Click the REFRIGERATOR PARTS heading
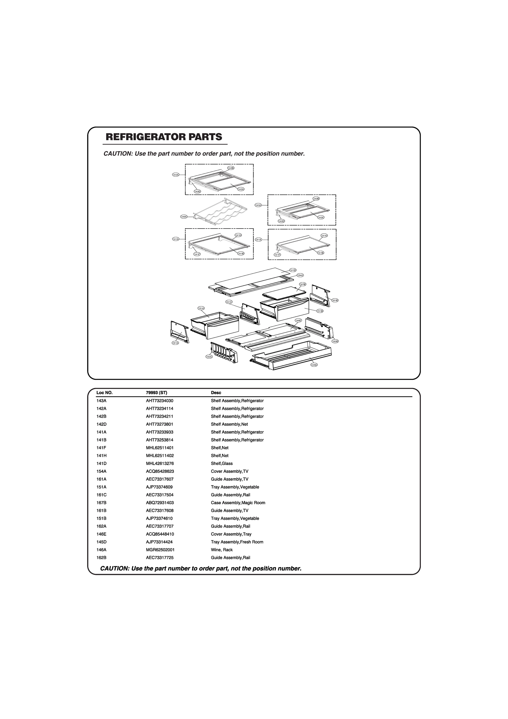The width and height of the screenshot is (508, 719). click(x=164, y=137)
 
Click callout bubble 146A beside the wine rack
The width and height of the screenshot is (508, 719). click(x=184, y=217)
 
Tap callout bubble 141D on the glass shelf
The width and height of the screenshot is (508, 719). click(x=293, y=270)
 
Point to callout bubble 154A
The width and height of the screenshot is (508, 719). click(x=300, y=275)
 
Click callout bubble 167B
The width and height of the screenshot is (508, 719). click(x=303, y=284)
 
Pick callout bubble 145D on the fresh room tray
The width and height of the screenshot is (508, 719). click(x=314, y=365)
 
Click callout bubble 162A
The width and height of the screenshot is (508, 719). click(x=209, y=357)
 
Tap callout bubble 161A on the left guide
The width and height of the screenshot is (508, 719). click(x=175, y=343)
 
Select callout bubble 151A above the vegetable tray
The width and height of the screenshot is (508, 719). click(x=201, y=308)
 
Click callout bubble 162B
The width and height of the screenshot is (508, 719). click(x=335, y=341)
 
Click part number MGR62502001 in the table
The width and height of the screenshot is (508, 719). click(x=160, y=549)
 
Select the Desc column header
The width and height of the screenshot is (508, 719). click(x=216, y=393)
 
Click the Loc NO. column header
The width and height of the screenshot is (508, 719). click(x=104, y=393)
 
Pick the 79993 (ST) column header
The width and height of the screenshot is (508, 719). click(x=157, y=393)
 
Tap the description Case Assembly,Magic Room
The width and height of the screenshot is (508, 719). click(x=238, y=503)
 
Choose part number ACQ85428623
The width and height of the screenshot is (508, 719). click(x=160, y=471)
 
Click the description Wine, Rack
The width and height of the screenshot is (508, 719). click(x=222, y=549)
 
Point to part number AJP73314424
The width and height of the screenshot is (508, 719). click(x=159, y=542)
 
